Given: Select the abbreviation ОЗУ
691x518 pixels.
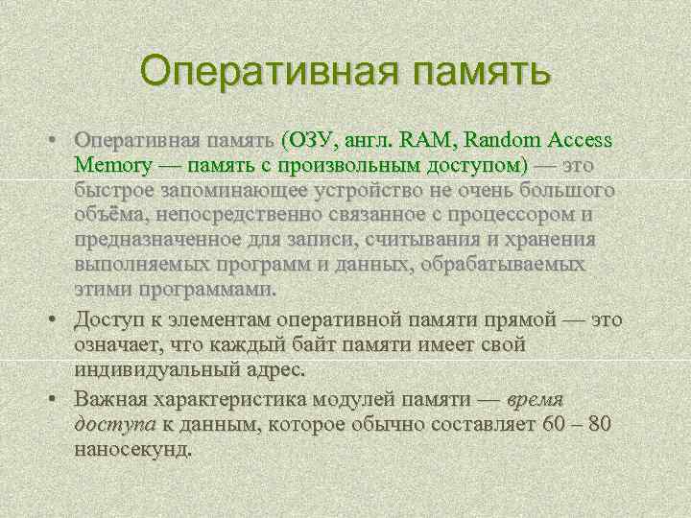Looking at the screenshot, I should pyautogui.click(x=305, y=140).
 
